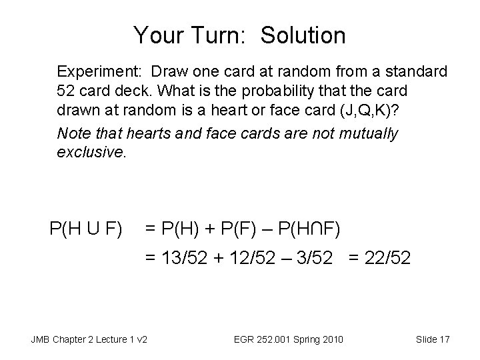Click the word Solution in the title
pyautogui.click(x=303, y=35)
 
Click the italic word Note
pyautogui.click(x=73, y=133)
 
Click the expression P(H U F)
pyautogui.click(x=85, y=231)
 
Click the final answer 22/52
pyautogui.click(x=389, y=257)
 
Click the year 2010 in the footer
pyautogui.click(x=331, y=340)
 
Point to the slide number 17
pyautogui.click(x=444, y=340)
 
